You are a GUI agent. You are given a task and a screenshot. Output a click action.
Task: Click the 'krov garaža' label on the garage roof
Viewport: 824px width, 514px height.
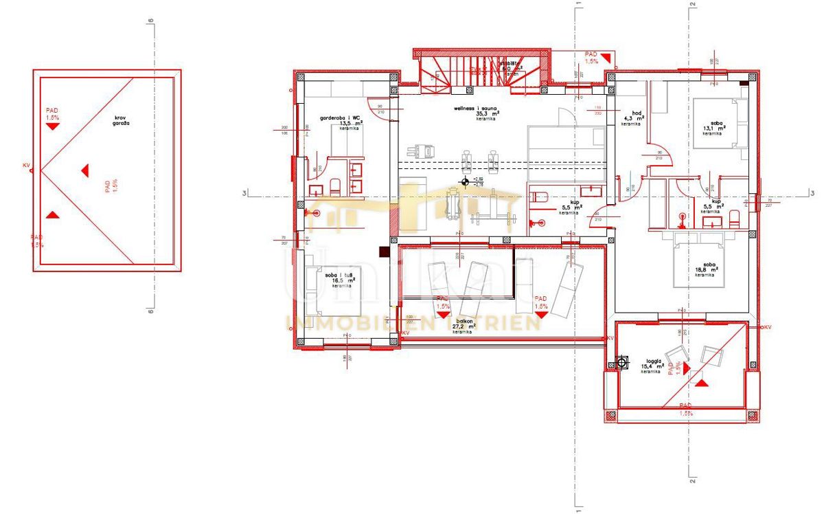click(123, 122)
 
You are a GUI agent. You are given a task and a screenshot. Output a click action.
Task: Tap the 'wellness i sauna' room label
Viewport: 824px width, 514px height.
click(476, 109)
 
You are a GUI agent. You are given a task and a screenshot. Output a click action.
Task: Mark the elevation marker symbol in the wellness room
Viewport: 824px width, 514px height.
click(466, 182)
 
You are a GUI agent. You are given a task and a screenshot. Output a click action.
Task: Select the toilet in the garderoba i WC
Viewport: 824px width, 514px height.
click(335, 186)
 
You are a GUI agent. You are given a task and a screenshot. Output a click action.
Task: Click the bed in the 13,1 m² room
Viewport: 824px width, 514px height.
click(721, 123)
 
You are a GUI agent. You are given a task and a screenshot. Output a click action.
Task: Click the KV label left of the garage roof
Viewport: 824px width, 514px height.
click(27, 166)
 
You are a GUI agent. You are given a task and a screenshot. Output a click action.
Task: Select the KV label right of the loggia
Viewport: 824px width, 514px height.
click(767, 327)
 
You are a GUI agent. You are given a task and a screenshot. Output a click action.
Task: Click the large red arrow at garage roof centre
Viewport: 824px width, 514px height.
click(84, 170)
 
